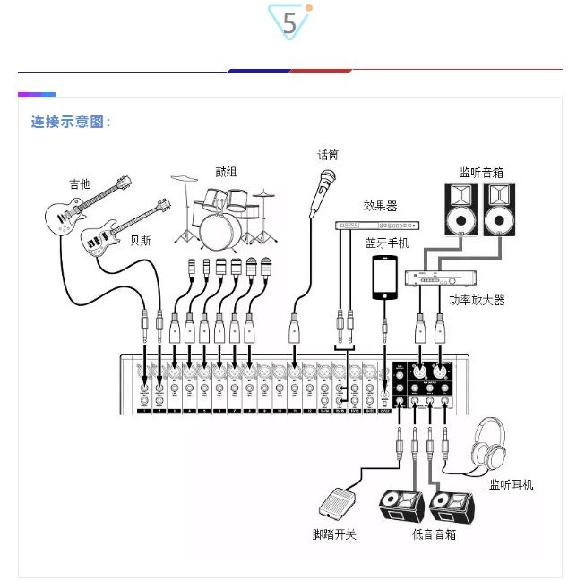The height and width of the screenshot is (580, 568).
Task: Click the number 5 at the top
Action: point(289,23)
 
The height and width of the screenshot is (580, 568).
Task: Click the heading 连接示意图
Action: point(71,122)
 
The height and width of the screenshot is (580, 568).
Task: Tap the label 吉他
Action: point(80,183)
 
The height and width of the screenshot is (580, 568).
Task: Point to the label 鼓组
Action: point(226,171)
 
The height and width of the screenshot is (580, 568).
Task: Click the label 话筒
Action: point(328,154)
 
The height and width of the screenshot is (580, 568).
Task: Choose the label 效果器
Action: point(379,206)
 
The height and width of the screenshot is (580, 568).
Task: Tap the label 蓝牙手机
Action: point(386,243)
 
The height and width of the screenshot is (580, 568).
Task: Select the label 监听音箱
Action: point(481,171)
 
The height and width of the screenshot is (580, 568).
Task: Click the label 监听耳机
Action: point(511,484)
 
